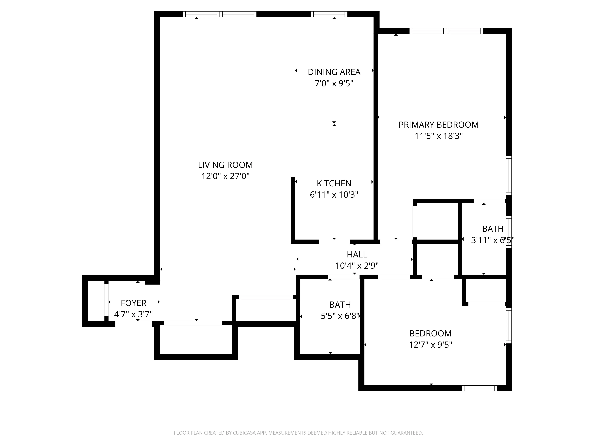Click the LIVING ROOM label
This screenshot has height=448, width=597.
tap(225, 165)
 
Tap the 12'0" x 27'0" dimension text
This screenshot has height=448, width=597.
tap(225, 176)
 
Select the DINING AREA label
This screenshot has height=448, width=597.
tap(334, 72)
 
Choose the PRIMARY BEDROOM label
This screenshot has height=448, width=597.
tap(439, 125)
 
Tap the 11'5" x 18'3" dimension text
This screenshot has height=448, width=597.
tap(439, 136)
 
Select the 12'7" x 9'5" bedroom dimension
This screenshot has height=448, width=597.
tap(430, 345)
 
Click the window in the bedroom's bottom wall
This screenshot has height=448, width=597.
tap(479, 388)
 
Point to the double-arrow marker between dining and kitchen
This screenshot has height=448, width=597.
tap(334, 124)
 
